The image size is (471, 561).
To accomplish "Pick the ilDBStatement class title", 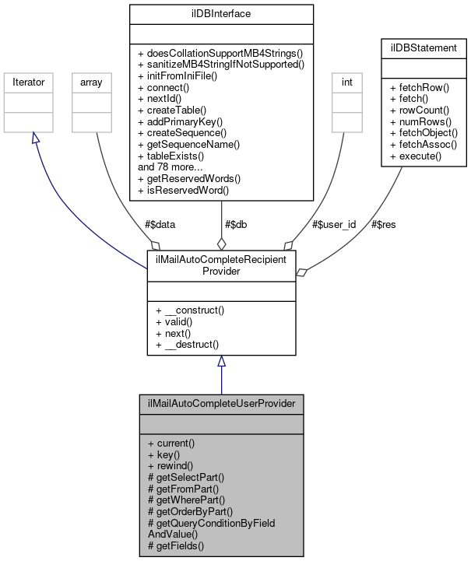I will pos(423,47).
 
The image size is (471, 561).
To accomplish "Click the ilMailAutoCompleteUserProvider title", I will pos(221,404).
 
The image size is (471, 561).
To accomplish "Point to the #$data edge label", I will pos(160,224).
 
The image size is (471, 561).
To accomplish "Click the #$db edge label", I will pos(237,224).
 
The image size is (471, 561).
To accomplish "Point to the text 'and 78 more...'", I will pos(170,167).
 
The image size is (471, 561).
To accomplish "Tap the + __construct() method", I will pos(190,310).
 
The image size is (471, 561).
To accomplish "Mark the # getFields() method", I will pos(176,545).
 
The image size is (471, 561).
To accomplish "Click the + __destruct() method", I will pos(188,343).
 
